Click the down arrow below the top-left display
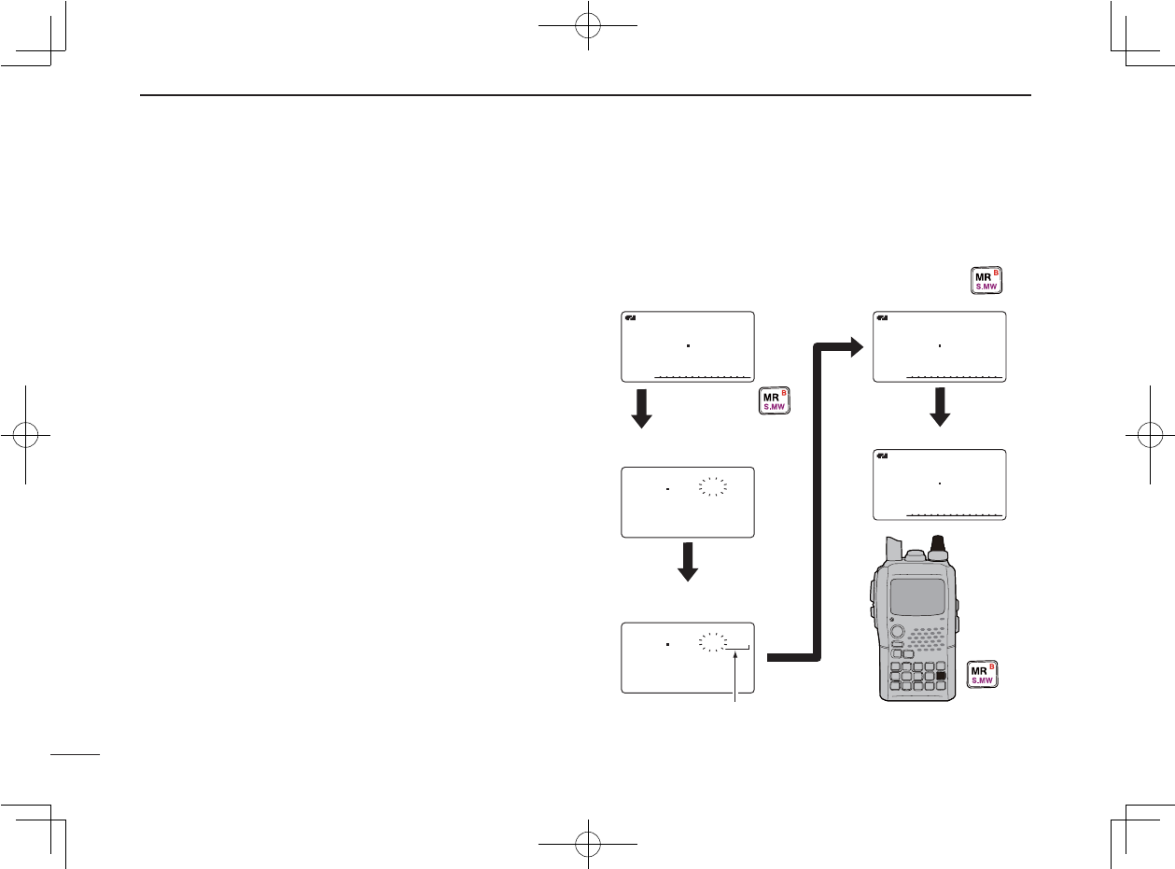click(x=640, y=409)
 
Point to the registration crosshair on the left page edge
click(x=25, y=435)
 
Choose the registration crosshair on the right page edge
click(x=1150, y=435)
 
